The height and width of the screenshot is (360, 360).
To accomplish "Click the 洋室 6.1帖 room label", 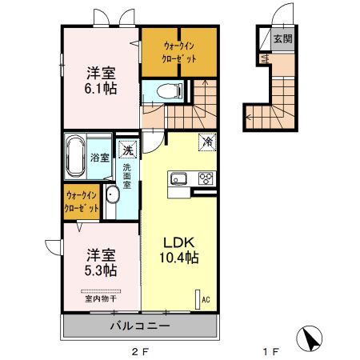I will pyautogui.click(x=102, y=80).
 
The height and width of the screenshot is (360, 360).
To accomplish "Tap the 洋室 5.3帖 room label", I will pyautogui.click(x=102, y=263).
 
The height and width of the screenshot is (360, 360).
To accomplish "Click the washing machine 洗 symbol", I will pyautogui.click(x=127, y=150).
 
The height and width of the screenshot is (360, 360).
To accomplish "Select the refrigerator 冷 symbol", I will pyautogui.click(x=206, y=142).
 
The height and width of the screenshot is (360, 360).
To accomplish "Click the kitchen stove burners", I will pyautogui.click(x=206, y=178).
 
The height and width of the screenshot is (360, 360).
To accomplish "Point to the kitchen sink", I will pyautogui.click(x=178, y=178).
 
